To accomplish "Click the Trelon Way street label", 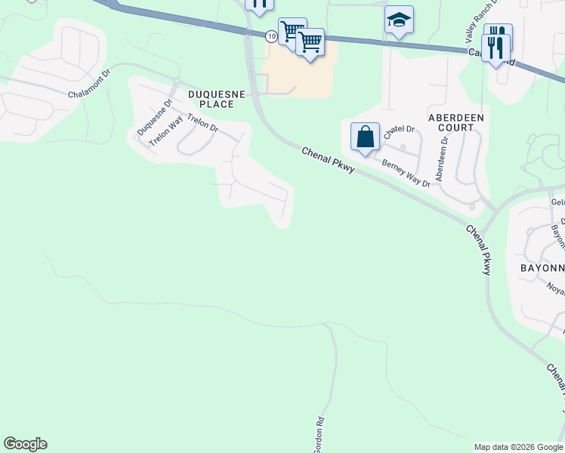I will pyautogui.click(x=166, y=131).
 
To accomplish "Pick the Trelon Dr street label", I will pyautogui.click(x=202, y=123).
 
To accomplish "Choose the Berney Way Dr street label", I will pyautogui.click(x=406, y=172).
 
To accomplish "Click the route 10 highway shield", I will pyautogui.click(x=270, y=35).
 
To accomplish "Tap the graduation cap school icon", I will pyautogui.click(x=398, y=20).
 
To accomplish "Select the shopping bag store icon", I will pyautogui.click(x=365, y=137).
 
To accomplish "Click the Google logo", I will pyautogui.click(x=25, y=444).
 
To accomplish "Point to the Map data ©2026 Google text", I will pyautogui.click(x=518, y=447).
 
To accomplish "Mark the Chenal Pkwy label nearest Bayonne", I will pyautogui.click(x=477, y=248).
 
